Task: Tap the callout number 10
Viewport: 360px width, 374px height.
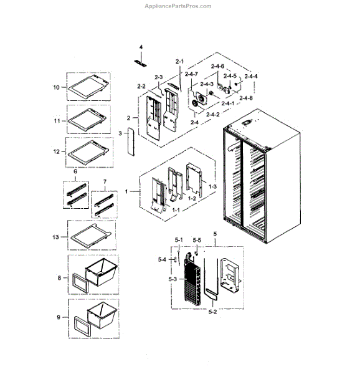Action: pyautogui.click(x=56, y=88)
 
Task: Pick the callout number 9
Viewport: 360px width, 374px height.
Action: pyautogui.click(x=59, y=317)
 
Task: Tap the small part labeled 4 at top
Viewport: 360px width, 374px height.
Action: pyautogui.click(x=140, y=62)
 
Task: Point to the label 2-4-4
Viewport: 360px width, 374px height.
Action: pyautogui.click(x=252, y=76)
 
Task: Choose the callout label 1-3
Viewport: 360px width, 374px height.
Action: pyautogui.click(x=212, y=186)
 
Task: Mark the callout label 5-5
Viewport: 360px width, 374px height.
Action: pyautogui.click(x=197, y=239)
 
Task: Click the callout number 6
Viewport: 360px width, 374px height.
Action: pyautogui.click(x=75, y=171)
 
